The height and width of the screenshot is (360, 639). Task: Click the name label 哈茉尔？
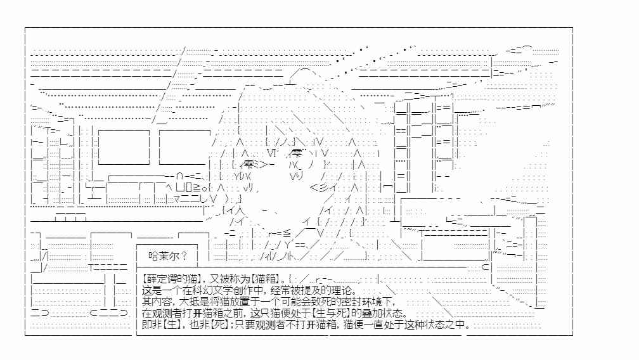point(168,256)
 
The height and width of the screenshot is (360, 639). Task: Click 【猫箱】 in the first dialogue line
point(266,279)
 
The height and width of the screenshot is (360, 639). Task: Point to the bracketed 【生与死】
point(332,313)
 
